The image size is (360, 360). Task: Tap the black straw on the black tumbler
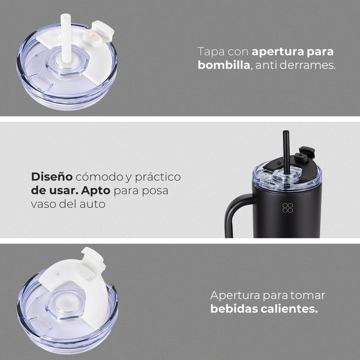click(286, 152)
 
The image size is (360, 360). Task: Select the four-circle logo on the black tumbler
click(287, 208)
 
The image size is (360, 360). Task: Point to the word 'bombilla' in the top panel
click(224, 65)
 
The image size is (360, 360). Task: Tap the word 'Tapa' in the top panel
click(211, 52)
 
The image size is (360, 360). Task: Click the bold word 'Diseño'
click(52, 176)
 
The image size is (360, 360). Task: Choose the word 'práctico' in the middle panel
click(158, 177)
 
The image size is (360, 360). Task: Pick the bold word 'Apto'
click(96, 191)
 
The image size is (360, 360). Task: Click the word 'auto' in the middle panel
click(93, 204)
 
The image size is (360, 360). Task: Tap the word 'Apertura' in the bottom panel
click(235, 296)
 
